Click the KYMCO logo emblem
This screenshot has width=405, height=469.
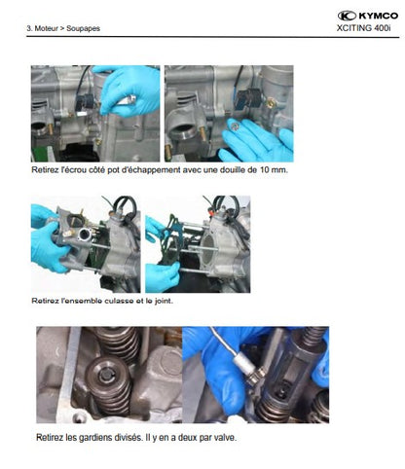347,16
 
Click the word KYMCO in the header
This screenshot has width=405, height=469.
378,16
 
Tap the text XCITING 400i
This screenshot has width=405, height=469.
363,28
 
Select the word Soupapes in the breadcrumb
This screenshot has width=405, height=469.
83,28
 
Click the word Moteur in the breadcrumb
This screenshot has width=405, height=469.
46,28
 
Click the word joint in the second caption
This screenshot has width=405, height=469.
164,301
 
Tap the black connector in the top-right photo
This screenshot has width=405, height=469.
246,97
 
